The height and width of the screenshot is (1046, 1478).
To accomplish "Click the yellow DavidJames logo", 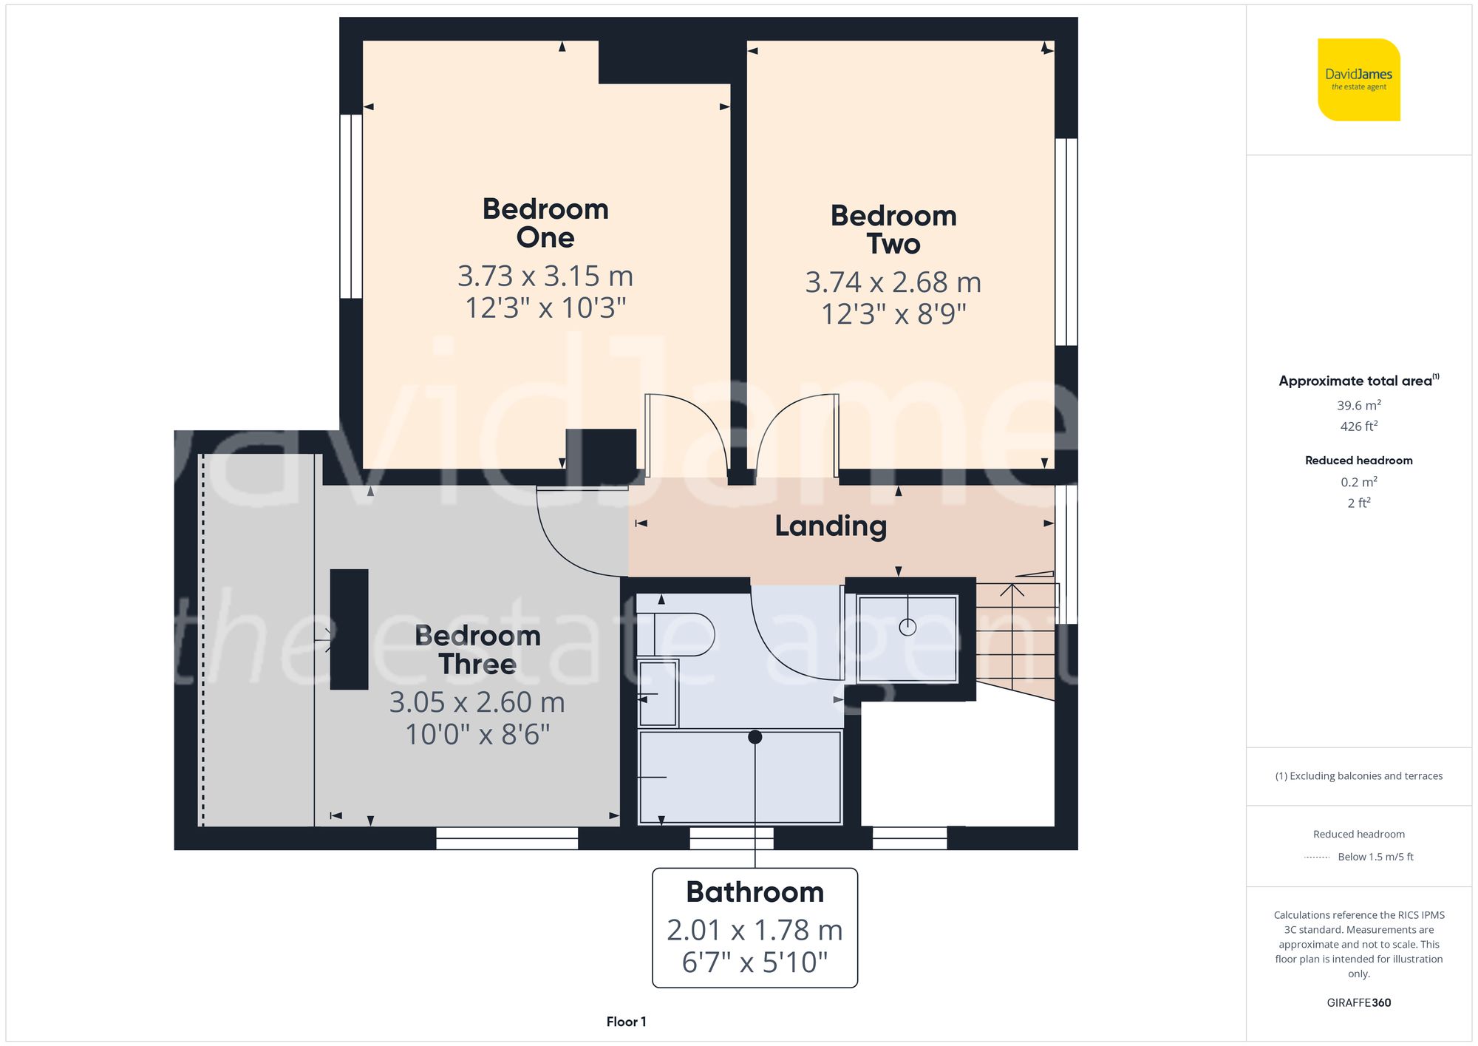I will click(1358, 80).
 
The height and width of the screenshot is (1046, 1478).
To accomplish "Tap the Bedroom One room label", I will click(545, 223).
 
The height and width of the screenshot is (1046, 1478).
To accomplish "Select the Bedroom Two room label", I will click(893, 230).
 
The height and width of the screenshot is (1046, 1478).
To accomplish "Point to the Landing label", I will click(831, 526).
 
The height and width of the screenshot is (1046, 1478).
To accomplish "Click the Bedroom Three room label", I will click(477, 650).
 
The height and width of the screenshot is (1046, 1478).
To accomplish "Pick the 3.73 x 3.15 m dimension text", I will click(545, 276).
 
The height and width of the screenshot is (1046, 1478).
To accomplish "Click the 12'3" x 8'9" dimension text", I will click(893, 314).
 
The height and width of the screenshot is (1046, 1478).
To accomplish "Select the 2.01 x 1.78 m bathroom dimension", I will click(755, 930).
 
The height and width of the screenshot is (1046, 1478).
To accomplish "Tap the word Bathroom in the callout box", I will click(755, 892).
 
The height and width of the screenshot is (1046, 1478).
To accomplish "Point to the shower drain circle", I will click(907, 628).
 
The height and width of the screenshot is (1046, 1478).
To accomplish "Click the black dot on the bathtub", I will click(755, 737).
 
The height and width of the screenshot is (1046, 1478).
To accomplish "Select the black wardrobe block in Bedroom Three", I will click(349, 629).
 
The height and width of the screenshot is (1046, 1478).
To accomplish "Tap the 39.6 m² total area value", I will click(1358, 405).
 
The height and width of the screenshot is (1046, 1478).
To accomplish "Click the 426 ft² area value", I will click(1358, 427).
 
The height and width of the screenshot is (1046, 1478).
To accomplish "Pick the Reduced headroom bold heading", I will click(1358, 461).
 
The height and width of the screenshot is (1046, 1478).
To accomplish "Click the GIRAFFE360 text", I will click(1358, 1003).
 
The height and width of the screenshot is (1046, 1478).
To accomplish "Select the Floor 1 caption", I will click(626, 1022).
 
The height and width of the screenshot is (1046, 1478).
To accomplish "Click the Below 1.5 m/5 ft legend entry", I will click(1375, 857).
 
